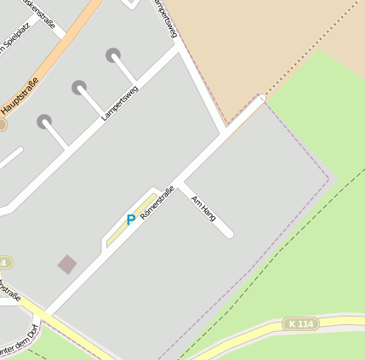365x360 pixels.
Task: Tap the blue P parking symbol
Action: tap(131, 220)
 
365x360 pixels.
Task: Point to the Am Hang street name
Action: tap(203, 209)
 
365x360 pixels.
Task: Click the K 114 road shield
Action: tap(300, 323)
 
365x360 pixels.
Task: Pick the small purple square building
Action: tap(67, 264)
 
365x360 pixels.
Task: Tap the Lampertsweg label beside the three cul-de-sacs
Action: tap(119, 102)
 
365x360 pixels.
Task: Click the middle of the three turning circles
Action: tap(79, 87)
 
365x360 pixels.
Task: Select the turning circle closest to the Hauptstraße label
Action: tap(44, 122)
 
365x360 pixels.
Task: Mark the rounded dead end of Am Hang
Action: tap(229, 233)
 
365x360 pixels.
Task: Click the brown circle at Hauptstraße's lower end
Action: tap(2, 124)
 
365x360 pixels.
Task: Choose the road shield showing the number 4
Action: tap(4, 262)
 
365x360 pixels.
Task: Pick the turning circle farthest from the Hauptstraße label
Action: tap(113, 55)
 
